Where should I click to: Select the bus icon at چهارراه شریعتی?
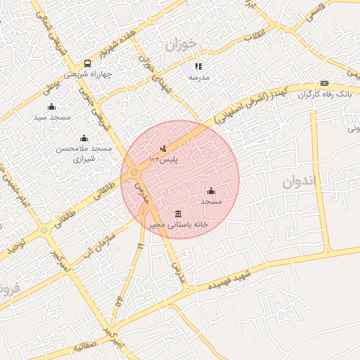[86, 63]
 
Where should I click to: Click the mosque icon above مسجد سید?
[51, 107]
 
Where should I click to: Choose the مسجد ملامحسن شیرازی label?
[84, 154]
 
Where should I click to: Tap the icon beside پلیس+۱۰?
[164, 148]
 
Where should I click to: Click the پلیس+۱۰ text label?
[165, 160]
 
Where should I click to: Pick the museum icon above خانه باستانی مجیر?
[178, 214]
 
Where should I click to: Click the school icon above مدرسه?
[198, 66]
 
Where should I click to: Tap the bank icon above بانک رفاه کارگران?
[324, 83]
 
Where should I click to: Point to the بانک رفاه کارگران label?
[324, 94]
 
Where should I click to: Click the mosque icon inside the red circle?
[211, 191]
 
